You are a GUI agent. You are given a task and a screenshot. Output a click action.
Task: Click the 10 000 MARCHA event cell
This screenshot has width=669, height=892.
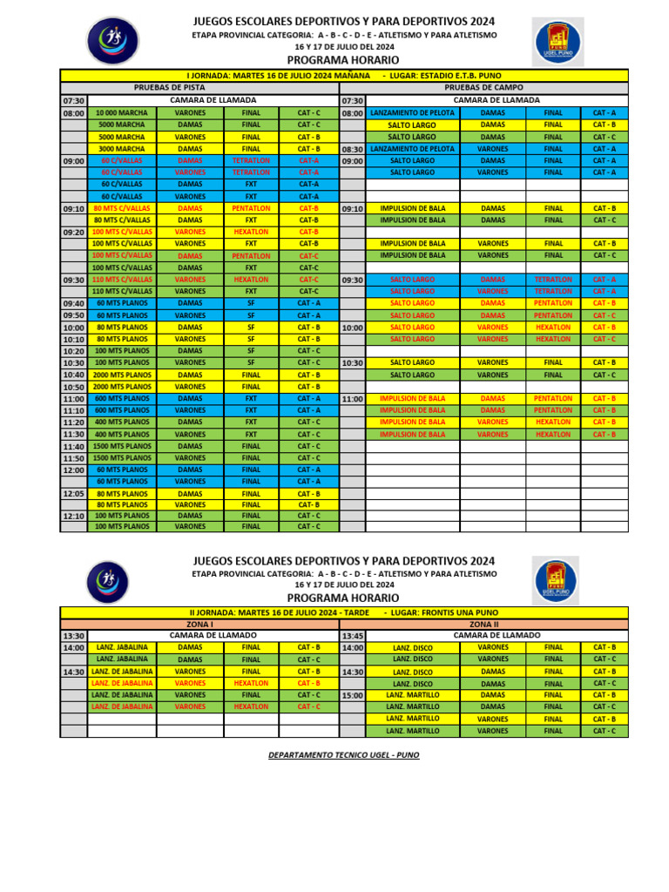(121, 113)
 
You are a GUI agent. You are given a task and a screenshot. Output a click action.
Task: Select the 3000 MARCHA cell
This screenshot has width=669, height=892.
(121, 149)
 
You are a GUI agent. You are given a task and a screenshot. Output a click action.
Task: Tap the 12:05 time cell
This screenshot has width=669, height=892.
(73, 494)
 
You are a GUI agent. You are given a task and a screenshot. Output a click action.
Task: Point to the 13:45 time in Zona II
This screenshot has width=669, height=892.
(352, 636)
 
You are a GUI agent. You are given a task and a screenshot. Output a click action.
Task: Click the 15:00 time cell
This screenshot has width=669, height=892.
(352, 696)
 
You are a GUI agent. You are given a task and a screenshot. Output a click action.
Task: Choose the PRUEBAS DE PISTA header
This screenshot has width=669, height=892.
(169, 88)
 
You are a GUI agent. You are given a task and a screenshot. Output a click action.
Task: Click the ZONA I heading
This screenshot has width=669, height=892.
(199, 625)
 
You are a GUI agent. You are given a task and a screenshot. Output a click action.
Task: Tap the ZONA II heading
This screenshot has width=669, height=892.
(483, 625)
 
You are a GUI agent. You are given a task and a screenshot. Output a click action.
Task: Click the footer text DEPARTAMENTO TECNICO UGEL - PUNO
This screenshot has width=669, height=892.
(344, 755)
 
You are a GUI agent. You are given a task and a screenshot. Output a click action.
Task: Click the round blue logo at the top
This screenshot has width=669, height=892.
(113, 40)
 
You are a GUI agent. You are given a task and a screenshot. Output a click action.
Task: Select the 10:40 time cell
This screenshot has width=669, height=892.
(73, 375)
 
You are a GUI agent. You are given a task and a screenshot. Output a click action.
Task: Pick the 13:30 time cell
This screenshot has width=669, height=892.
(73, 637)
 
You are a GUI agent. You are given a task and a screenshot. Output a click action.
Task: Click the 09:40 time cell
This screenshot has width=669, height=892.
(73, 303)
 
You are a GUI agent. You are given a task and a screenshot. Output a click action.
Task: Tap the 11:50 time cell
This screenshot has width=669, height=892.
(73, 458)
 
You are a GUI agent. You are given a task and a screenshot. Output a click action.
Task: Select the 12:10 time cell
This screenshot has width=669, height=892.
(73, 517)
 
